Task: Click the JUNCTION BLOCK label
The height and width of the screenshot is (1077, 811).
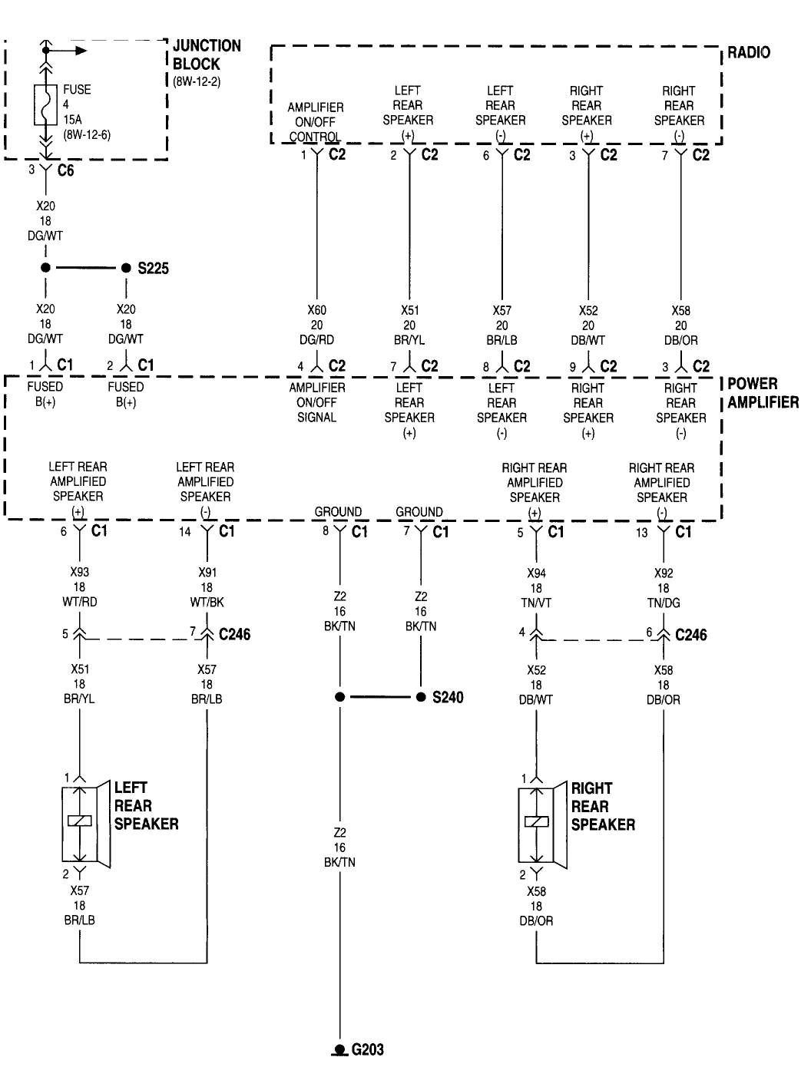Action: (x=206, y=55)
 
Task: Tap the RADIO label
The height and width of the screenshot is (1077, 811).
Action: (x=748, y=53)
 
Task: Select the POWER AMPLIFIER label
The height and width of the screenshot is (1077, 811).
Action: (x=763, y=393)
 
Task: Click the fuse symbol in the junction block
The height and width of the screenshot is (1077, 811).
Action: (x=46, y=104)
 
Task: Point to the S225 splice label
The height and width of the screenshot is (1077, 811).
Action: (x=153, y=269)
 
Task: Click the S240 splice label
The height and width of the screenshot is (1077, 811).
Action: (x=447, y=698)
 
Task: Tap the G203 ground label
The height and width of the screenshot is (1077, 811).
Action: (x=367, y=1050)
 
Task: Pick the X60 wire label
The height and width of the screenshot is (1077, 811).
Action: (x=316, y=311)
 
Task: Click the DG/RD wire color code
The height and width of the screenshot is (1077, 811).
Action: (x=316, y=340)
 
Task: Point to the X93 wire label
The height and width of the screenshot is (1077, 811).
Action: (x=79, y=573)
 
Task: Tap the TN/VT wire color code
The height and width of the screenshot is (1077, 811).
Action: (x=535, y=603)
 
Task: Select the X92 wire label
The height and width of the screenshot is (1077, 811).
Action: (x=663, y=573)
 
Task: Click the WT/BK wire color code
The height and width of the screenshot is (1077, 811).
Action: (x=207, y=603)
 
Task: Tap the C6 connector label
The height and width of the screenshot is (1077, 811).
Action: (x=66, y=170)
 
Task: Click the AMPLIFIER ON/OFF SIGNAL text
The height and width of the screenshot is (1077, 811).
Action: (x=316, y=402)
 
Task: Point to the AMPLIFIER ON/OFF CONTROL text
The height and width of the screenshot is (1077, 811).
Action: (x=315, y=122)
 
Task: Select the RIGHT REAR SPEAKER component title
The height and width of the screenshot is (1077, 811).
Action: (x=602, y=806)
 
